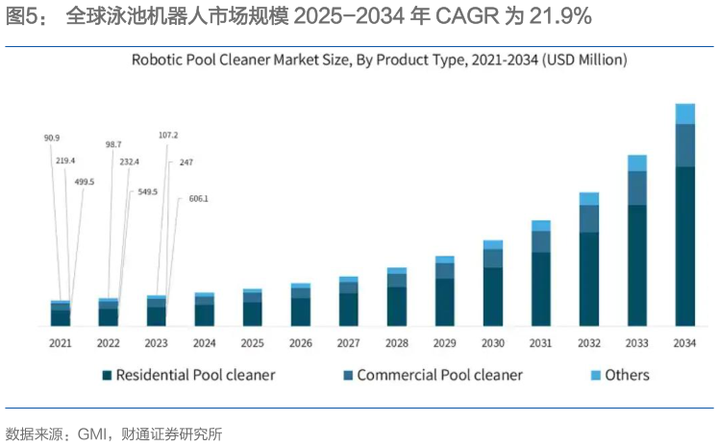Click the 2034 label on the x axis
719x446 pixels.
[684, 343]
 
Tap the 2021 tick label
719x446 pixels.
[60, 343]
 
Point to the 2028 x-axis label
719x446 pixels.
[396, 343]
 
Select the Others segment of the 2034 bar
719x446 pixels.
[684, 113]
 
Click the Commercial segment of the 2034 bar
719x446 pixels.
[684, 145]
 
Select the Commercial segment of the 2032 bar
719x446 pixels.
[588, 219]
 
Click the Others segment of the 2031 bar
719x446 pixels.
[540, 226]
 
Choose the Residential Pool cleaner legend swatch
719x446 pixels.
[108, 375]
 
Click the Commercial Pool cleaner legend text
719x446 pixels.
[439, 375]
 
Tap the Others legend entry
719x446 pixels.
[627, 375]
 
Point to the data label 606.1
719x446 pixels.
[198, 199]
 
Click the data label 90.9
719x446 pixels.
[51, 138]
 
